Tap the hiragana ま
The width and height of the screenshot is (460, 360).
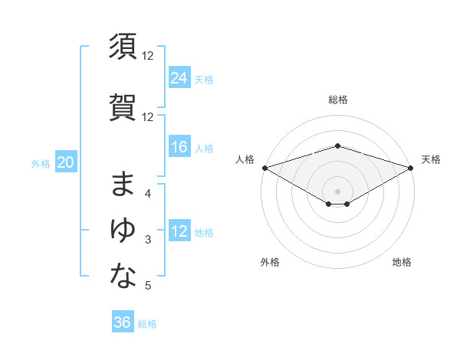click(123, 185)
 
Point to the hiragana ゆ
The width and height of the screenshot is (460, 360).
click(123, 230)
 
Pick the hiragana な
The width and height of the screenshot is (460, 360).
click(123, 277)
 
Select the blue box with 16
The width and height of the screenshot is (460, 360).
click(179, 147)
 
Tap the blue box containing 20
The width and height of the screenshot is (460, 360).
click(66, 162)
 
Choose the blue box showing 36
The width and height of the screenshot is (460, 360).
click(123, 322)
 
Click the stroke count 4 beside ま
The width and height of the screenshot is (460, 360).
click(148, 194)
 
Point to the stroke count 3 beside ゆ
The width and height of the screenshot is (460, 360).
click(148, 241)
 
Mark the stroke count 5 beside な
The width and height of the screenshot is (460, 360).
click(148, 286)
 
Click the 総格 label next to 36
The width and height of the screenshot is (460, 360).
click(147, 324)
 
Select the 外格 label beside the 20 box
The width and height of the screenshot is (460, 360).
click(41, 163)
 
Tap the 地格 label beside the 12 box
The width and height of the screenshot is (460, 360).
click(204, 233)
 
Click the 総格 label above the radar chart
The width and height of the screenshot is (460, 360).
click(337, 100)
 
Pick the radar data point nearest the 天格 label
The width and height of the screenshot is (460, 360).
click(411, 167)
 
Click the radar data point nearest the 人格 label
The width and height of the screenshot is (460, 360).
click(264, 167)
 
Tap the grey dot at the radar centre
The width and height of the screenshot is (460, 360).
click(337, 191)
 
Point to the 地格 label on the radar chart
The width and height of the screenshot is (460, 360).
click(402, 262)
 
